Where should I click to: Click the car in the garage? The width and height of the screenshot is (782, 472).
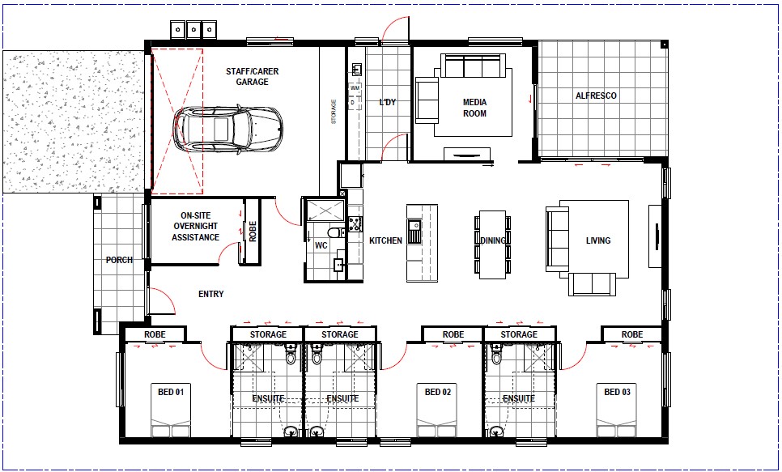tap(228, 130)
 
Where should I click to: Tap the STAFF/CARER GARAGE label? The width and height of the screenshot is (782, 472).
tap(253, 76)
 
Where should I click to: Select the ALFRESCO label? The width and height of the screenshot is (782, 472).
tap(596, 96)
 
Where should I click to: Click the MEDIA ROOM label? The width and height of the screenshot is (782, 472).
tap(474, 108)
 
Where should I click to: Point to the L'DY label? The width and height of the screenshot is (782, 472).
tap(388, 102)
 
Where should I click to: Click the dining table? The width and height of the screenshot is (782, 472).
tap(493, 244)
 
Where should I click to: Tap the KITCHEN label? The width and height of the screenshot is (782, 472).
tap(385, 240)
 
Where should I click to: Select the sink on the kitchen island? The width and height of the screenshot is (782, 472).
tap(414, 231)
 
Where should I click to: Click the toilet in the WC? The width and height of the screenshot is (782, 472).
tap(335, 232)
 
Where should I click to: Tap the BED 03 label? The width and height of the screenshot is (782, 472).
tap(618, 392)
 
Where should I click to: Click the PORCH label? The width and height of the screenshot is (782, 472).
tap(119, 260)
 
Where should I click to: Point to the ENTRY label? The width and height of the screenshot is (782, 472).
tap(211, 294)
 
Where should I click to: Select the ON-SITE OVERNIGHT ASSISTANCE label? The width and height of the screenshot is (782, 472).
tap(196, 227)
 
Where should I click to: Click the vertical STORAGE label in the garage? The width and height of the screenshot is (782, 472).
tap(334, 111)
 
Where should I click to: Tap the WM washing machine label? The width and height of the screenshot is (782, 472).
tap(355, 87)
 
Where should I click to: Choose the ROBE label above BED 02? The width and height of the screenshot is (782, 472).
tap(453, 334)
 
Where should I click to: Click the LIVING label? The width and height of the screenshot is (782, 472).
tap(598, 240)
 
